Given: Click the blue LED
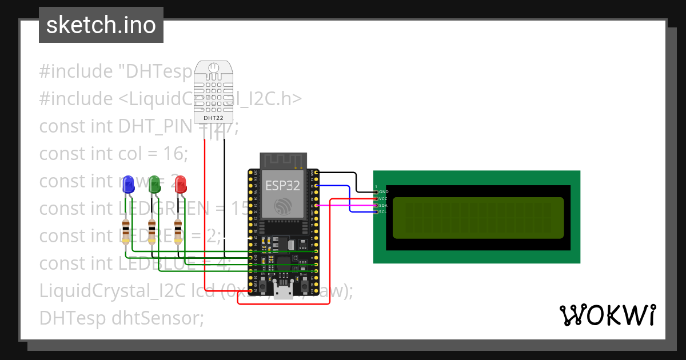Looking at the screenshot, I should pyautogui.click(x=127, y=183).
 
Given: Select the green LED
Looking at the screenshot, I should pyautogui.click(x=154, y=183).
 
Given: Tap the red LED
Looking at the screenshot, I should pyautogui.click(x=180, y=183).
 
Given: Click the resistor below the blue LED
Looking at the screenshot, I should pyautogui.click(x=126, y=230).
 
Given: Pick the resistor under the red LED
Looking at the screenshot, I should pyautogui.click(x=178, y=230).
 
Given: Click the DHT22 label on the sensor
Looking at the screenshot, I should pyautogui.click(x=214, y=118).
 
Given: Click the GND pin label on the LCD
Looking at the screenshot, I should pyautogui.click(x=384, y=191).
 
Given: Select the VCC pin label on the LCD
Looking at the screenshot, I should pyautogui.click(x=384, y=198).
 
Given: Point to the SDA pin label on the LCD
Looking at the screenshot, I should pyautogui.click(x=384, y=205).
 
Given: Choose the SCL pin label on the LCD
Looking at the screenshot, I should pyautogui.click(x=384, y=212).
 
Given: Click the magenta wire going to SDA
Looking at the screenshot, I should pyautogui.click(x=343, y=205).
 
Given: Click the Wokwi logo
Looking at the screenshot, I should pyautogui.click(x=607, y=315).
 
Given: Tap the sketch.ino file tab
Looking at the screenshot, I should pyautogui.click(x=101, y=25).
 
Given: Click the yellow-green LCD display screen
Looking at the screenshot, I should pyautogui.click(x=478, y=218).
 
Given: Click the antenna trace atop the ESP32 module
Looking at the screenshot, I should pyautogui.click(x=284, y=161).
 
